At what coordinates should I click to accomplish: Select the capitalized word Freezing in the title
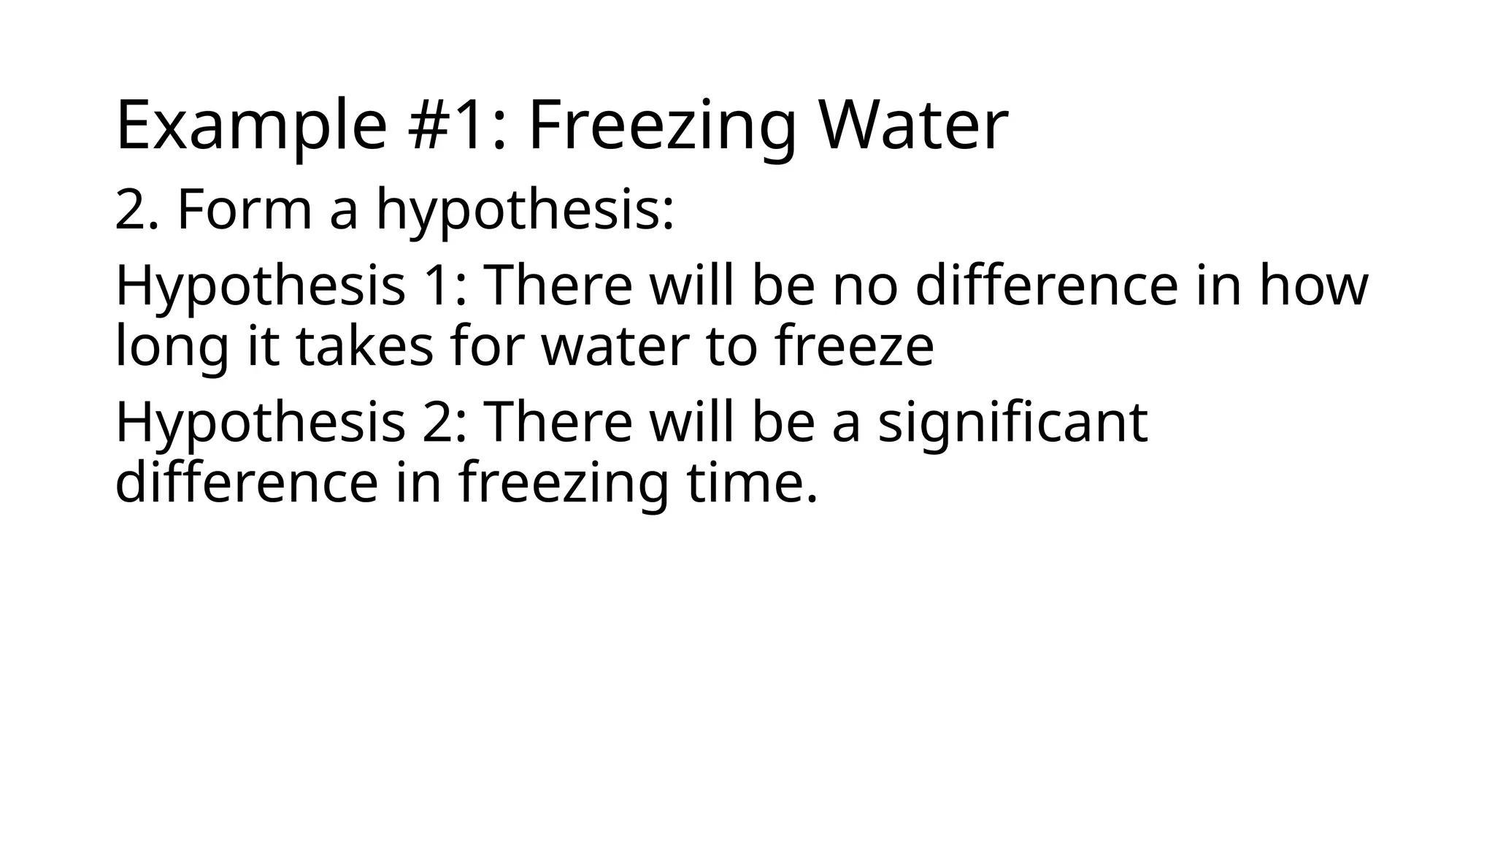point(661,126)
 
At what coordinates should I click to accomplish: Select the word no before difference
point(865,287)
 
